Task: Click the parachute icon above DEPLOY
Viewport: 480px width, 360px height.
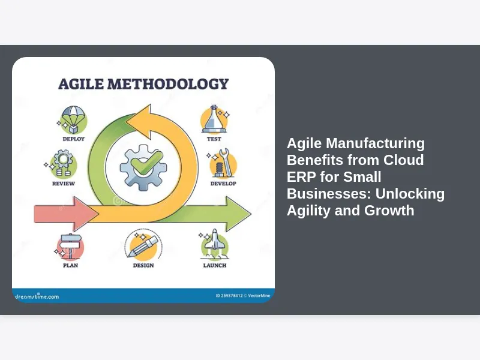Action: pyautogui.click(x=73, y=119)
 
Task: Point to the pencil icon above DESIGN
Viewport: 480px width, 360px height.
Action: pyautogui.click(x=143, y=246)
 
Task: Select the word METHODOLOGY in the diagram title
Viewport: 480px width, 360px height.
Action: pyautogui.click(x=168, y=84)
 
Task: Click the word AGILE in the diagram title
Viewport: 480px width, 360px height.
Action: pyautogui.click(x=81, y=84)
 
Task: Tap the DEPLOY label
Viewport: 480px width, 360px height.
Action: pyautogui.click(x=73, y=139)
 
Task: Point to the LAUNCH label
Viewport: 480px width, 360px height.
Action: pyautogui.click(x=215, y=265)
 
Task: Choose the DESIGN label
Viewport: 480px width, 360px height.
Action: pyautogui.click(x=143, y=265)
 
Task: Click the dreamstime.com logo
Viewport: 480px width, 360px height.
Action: pyautogui.click(x=37, y=296)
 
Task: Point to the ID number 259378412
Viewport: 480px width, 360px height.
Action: pyautogui.click(x=232, y=296)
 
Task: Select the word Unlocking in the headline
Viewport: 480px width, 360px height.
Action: pyautogui.click(x=410, y=194)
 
